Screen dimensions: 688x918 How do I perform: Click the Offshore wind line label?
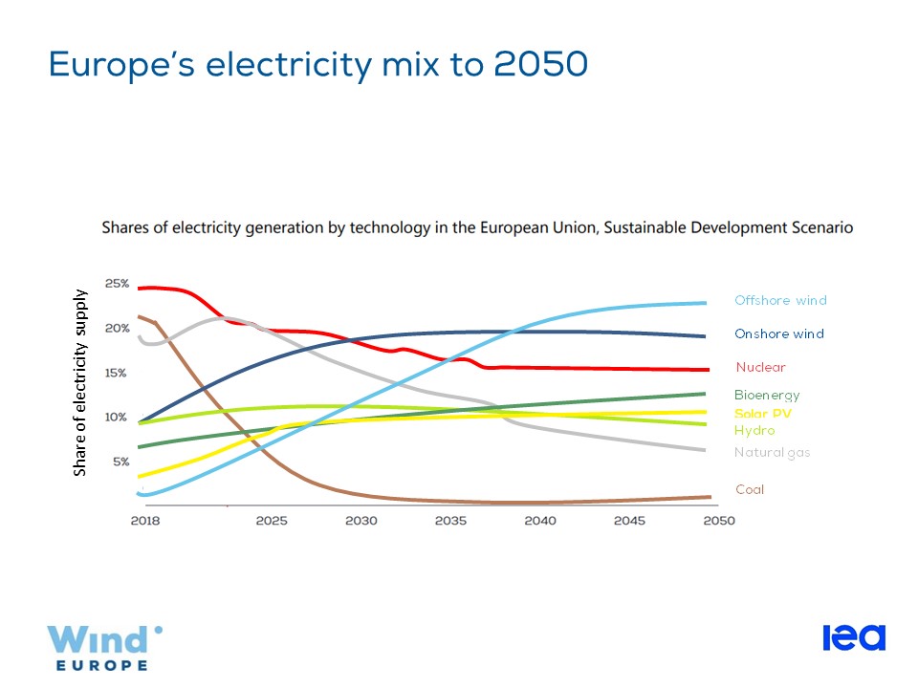pyautogui.click(x=780, y=300)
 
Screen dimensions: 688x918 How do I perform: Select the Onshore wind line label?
pyautogui.click(x=778, y=334)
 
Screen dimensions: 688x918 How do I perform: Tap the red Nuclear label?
pyautogui.click(x=760, y=367)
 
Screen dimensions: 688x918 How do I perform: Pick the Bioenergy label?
pyautogui.click(x=767, y=395)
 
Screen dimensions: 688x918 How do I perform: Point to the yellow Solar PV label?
pyautogui.click(x=763, y=414)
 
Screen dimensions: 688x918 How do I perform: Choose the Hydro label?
pyautogui.click(x=754, y=431)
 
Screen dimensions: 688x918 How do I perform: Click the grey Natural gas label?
pyautogui.click(x=772, y=453)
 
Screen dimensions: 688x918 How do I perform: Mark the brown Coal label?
pyautogui.click(x=750, y=489)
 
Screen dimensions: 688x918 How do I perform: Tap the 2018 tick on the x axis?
pyautogui.click(x=145, y=522)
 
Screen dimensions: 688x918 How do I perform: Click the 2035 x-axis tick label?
pyautogui.click(x=450, y=522)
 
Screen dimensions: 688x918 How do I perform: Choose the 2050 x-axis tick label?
pyautogui.click(x=718, y=522)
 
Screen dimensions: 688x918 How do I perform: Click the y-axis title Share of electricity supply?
pyautogui.click(x=81, y=382)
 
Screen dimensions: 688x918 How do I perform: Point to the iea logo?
pyautogui.click(x=854, y=637)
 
